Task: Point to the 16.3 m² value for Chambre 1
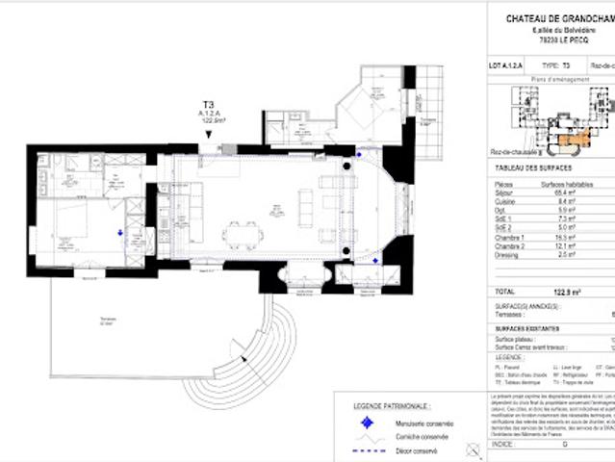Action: (552, 236)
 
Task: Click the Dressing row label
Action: (505, 254)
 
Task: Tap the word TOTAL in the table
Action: (504, 290)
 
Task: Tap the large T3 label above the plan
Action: (209, 104)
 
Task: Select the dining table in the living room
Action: (241, 233)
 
